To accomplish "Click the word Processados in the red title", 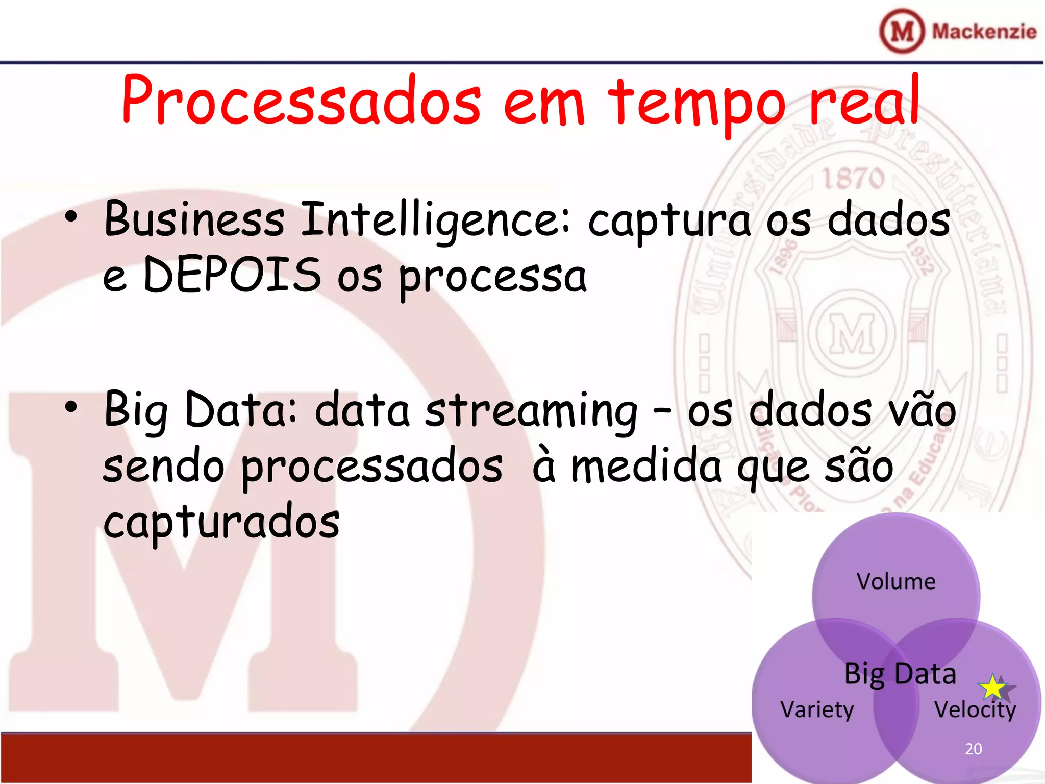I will pos(301,101).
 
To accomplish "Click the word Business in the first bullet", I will pos(194,219).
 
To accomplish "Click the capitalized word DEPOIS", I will pos(232,276).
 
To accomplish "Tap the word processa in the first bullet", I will pos(492,278).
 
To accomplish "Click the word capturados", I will pos(221,523).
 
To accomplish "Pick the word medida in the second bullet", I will pos(645,467).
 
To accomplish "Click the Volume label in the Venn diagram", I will pos(896,582).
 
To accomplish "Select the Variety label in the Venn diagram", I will pos(817,710).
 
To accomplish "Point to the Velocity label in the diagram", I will pos(975,710).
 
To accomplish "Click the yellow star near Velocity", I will pos(993,688).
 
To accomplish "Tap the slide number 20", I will pos(974,749).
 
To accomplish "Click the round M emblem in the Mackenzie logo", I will pos(902,31).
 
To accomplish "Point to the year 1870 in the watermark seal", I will pos(853,179).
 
